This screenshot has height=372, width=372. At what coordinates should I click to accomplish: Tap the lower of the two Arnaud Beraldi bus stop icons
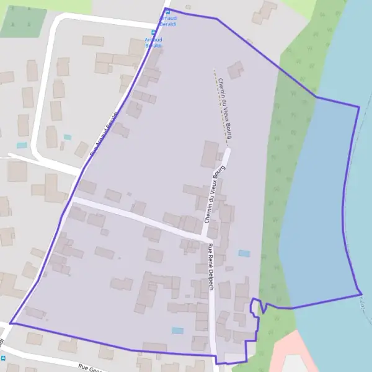pyautogui.click(x=154, y=33)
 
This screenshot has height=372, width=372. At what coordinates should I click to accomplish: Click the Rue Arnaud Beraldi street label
pyautogui.click(x=104, y=133)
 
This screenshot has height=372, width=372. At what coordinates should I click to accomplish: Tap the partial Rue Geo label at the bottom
pyautogui.click(x=90, y=368)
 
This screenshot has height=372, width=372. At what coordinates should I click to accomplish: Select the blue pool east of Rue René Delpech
pyautogui.click(x=244, y=254)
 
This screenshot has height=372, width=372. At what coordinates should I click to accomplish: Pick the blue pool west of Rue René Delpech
pyautogui.click(x=178, y=330)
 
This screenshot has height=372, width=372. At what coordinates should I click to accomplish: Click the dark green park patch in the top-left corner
pyautogui.click(x=24, y=22)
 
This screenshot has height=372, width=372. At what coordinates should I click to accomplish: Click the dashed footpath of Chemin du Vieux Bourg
pyautogui.click(x=221, y=108)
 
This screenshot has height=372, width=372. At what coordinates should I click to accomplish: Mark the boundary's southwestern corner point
pyautogui.click(x=11, y=323)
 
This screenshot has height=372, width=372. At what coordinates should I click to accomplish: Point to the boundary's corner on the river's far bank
pyautogui.click(x=359, y=107)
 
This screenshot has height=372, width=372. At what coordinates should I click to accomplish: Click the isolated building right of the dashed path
pyautogui.click(x=235, y=69)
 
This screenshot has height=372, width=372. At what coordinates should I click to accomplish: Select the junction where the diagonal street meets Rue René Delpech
pyautogui.click(x=210, y=238)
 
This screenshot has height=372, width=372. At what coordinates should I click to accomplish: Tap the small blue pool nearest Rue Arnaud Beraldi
pyautogui.click(x=68, y=137)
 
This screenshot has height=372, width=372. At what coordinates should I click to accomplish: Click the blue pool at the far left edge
pyautogui.click(x=22, y=145)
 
